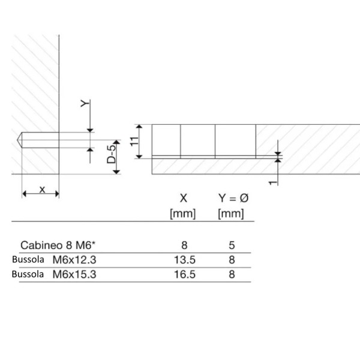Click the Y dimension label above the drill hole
85,104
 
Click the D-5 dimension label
112,154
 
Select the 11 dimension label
134,141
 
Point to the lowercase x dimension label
42,190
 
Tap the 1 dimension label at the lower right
273,182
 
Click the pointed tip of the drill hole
17,140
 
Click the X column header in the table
184,198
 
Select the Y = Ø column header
233,198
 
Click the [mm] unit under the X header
183,214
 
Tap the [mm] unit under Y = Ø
231,214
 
